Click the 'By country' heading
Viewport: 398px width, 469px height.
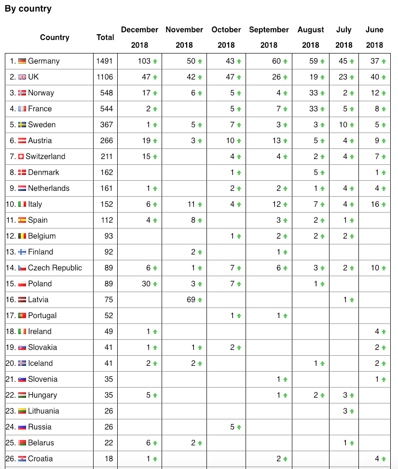[28, 9]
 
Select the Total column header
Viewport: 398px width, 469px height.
[105, 37]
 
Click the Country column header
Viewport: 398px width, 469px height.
[55, 37]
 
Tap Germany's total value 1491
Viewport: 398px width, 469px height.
[105, 61]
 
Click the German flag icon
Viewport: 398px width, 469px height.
[22, 61]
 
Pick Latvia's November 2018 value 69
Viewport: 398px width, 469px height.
[191, 300]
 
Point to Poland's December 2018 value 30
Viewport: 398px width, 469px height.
[146, 284]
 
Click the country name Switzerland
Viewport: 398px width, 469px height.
[45, 157]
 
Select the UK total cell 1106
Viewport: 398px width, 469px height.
[105, 77]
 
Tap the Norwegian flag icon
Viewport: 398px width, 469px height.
[22, 93]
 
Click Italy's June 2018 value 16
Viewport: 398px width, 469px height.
[375, 204]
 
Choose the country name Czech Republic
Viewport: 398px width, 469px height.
[55, 268]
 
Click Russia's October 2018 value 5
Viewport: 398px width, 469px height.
[232, 427]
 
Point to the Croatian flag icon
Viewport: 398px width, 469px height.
[22, 459]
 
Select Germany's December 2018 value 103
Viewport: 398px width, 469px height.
[144, 61]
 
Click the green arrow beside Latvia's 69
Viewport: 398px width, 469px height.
[200, 300]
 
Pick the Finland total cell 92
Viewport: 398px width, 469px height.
[108, 252]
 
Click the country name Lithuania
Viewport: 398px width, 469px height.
[43, 411]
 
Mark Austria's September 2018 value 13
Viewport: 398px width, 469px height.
[276, 141]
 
